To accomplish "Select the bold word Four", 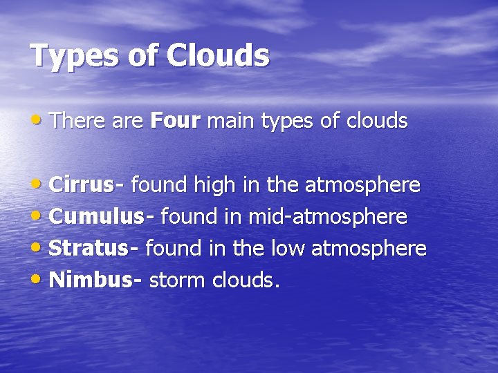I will [x=175, y=122].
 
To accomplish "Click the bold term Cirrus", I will [x=82, y=185].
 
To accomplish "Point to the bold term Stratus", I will [x=89, y=248].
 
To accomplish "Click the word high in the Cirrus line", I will [x=215, y=185].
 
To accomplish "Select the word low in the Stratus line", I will [x=284, y=248].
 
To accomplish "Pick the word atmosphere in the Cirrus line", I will [x=362, y=185].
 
